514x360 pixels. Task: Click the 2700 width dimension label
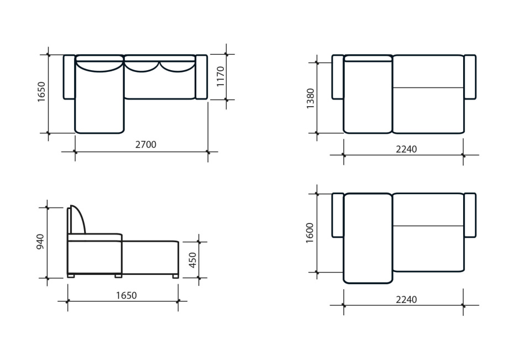[x=146, y=144]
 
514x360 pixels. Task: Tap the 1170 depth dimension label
[x=221, y=77]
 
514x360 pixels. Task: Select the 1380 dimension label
[x=310, y=98]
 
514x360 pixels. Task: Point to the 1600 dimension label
[x=310, y=233]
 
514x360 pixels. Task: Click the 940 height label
[x=40, y=242]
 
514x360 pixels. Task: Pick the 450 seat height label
[x=193, y=260]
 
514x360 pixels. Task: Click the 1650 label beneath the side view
[x=126, y=296]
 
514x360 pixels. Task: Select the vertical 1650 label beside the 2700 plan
[x=41, y=92]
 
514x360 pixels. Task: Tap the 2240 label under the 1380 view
[x=406, y=149]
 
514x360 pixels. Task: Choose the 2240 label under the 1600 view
[x=406, y=300]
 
